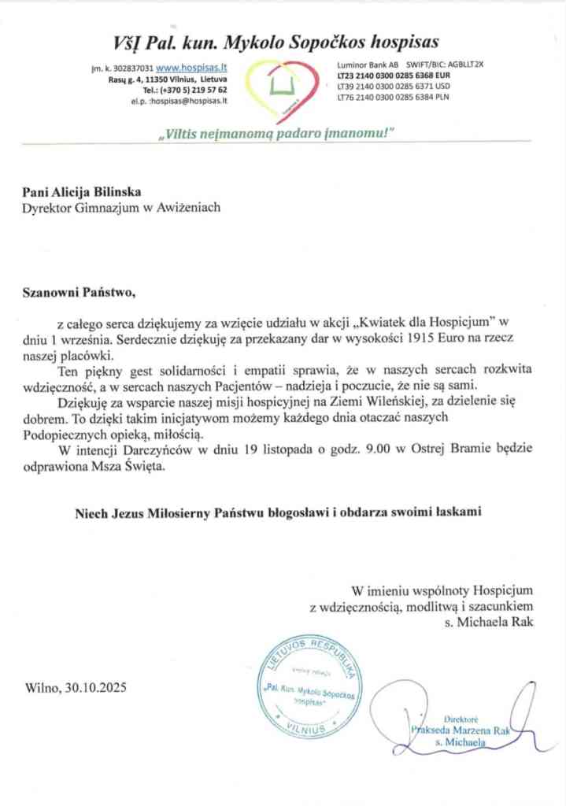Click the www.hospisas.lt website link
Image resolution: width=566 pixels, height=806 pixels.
(192, 68)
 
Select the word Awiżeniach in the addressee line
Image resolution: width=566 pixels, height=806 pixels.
(191, 207)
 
